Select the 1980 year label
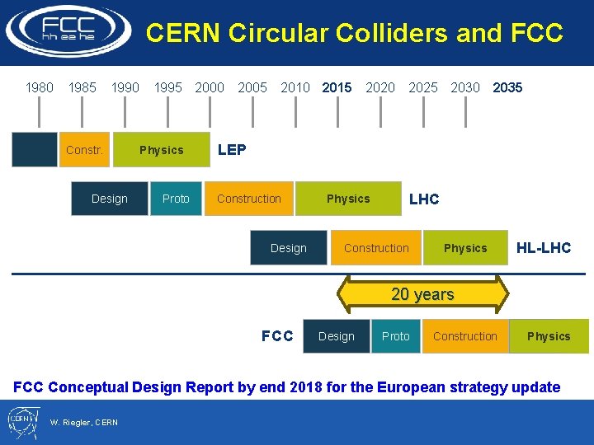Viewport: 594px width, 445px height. [40, 87]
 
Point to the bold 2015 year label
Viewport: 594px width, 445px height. [337, 87]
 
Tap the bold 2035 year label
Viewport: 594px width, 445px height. [507, 87]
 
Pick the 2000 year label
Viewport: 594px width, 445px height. [210, 87]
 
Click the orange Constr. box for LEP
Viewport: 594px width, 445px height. [84, 150]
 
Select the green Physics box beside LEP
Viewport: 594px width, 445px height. [162, 150]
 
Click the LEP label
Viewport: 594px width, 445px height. [232, 150]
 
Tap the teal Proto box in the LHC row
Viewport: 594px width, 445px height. [176, 199]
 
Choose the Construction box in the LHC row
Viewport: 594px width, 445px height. [249, 199]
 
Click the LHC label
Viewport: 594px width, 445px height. [424, 199]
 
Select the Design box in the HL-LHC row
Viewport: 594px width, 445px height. [288, 248]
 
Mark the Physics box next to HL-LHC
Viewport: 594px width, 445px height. [465, 248]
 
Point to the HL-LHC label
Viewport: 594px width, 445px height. [544, 248]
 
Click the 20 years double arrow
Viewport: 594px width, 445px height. [422, 294]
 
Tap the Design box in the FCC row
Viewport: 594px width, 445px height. [337, 336]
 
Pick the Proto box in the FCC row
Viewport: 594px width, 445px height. [396, 336]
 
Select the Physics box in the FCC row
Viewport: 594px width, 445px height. [549, 336]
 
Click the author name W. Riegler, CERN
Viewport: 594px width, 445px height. [84, 423]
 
